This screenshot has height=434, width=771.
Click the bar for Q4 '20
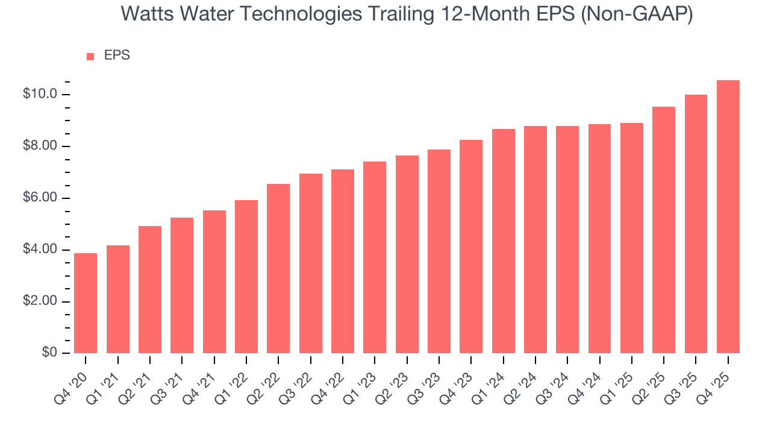click(86, 303)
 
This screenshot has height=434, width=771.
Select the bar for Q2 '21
click(150, 289)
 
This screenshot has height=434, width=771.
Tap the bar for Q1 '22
click(246, 277)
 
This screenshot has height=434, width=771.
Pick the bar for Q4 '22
click(343, 261)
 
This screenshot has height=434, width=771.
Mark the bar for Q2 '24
click(535, 239)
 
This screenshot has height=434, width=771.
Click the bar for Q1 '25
click(632, 238)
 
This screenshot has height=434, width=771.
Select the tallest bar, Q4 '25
click(728, 217)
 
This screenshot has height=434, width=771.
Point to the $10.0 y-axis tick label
click(40, 95)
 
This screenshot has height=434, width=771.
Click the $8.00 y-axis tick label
click(40, 146)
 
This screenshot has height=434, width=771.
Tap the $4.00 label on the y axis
click(40, 250)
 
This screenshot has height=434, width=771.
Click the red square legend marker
click(90, 56)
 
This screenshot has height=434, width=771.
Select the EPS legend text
click(117, 55)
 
